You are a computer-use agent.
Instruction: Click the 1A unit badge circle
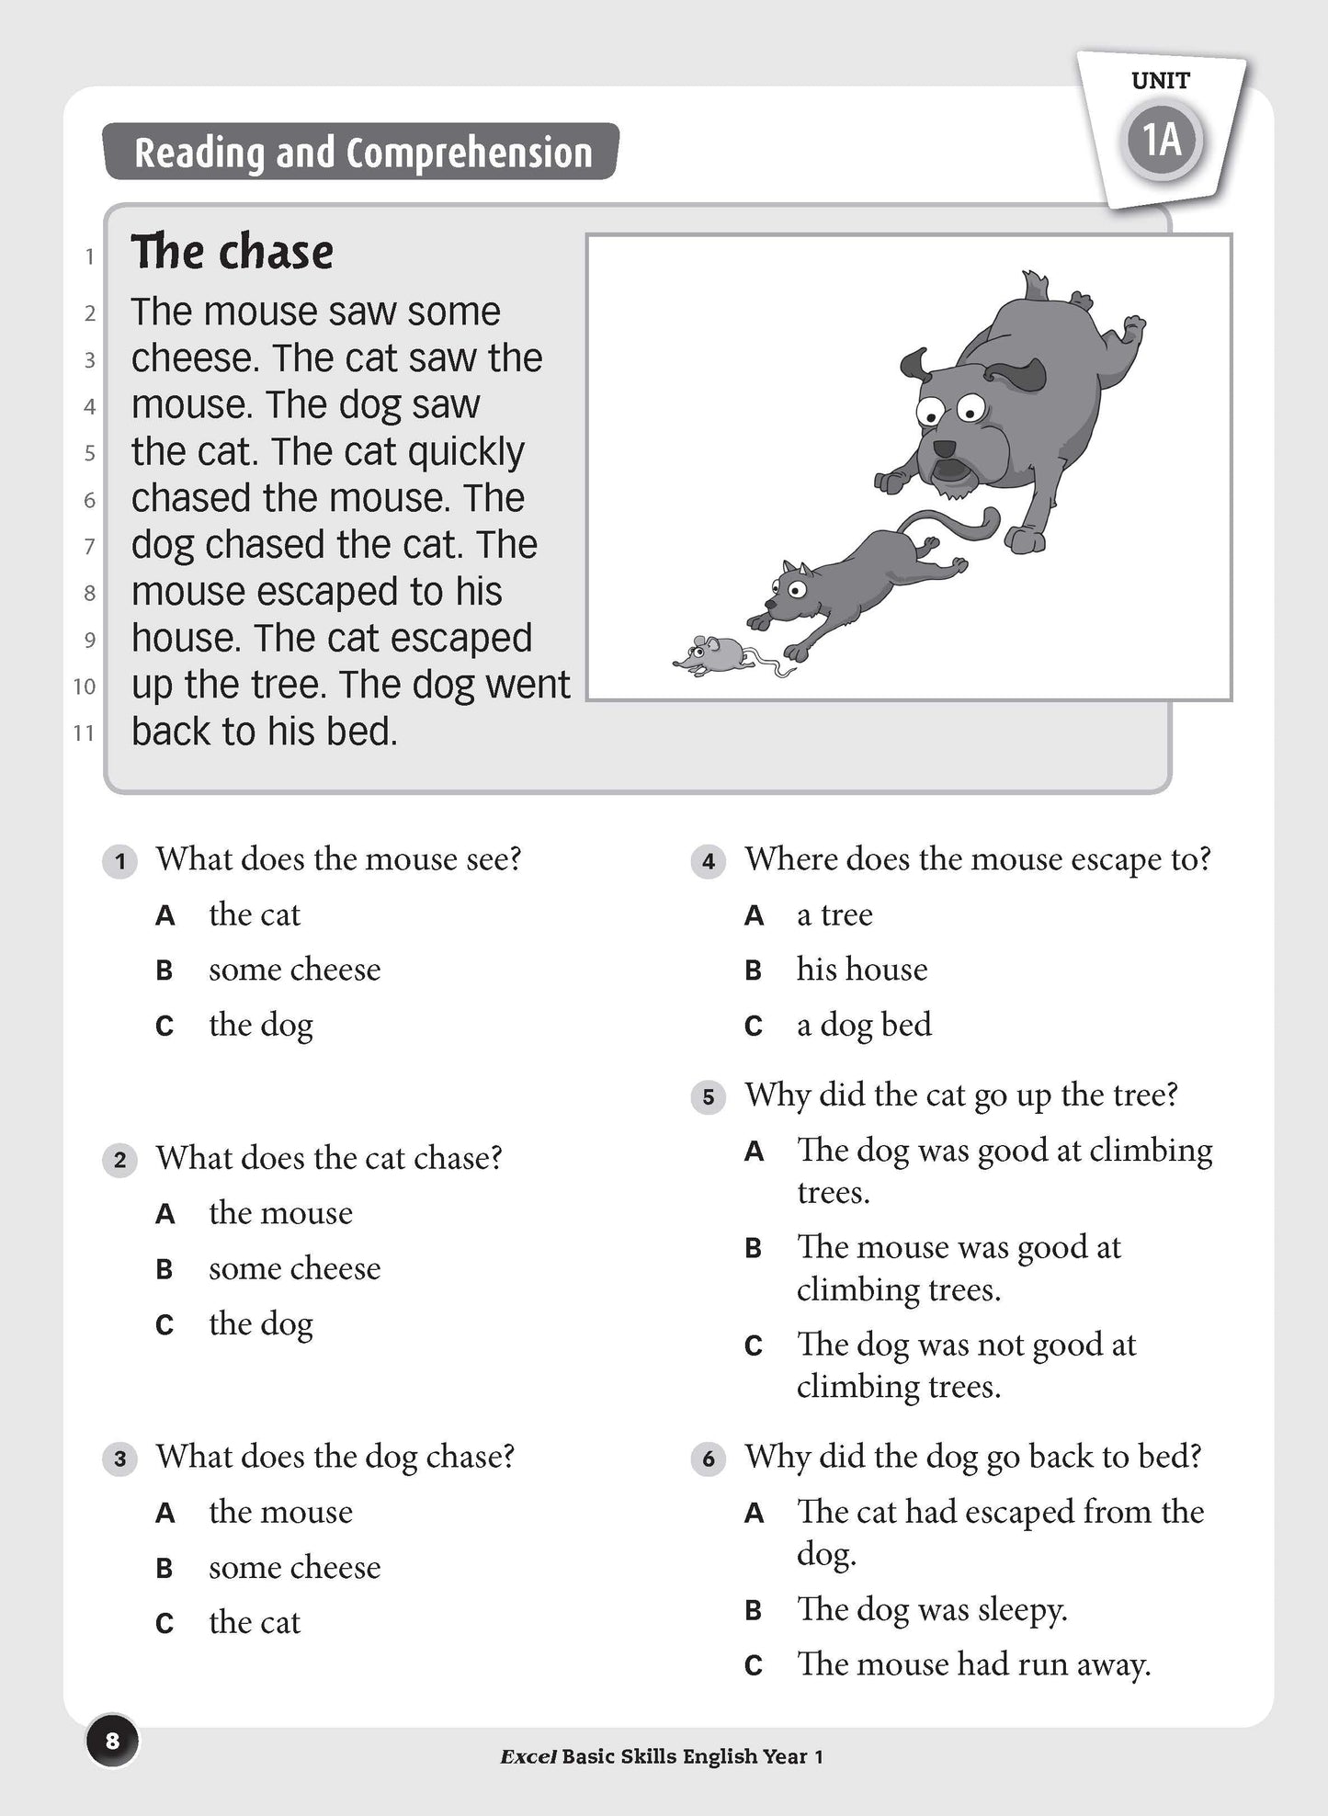[1162, 141]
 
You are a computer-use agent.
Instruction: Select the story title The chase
[232, 252]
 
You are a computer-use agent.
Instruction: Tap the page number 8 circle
[112, 1741]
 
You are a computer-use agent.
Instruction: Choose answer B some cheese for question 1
[294, 970]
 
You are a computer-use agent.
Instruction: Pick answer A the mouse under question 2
[280, 1213]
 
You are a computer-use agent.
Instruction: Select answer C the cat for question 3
[254, 1623]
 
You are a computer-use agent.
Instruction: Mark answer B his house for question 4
[861, 970]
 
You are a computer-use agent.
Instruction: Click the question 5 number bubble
[708, 1096]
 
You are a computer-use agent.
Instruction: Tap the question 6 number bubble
[708, 1458]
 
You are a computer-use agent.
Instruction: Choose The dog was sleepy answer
[931, 1609]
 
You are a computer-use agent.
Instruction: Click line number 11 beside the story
[84, 733]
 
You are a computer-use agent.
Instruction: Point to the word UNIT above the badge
[1161, 81]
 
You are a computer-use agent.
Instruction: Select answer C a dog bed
[863, 1025]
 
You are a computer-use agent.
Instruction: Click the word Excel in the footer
[528, 1757]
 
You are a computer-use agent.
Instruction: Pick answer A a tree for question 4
[834, 915]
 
